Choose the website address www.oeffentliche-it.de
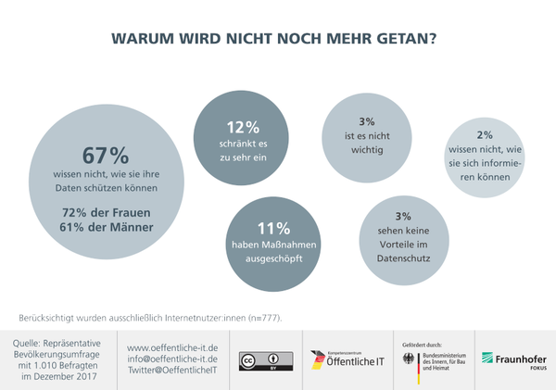pos(172,346)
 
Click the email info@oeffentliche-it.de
pos(172,358)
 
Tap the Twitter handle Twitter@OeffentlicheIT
pos(172,370)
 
